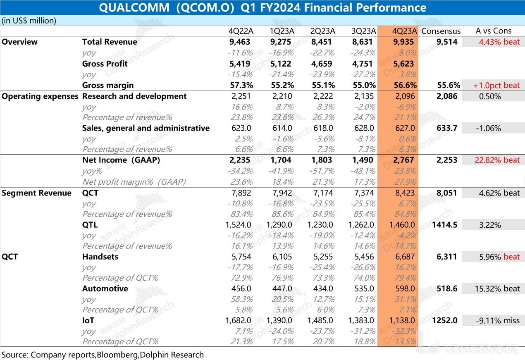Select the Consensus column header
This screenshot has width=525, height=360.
click(x=441, y=31)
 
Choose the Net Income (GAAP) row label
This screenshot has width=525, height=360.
click(x=121, y=160)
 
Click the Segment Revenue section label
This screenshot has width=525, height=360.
click(x=37, y=193)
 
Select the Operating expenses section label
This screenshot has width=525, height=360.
click(x=40, y=96)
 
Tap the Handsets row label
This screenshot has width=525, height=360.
click(x=100, y=257)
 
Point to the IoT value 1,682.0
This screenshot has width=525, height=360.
click(x=239, y=320)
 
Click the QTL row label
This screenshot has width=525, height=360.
click(x=90, y=225)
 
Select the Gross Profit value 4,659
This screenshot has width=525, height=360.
click(x=322, y=64)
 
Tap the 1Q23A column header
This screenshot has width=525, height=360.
click(x=282, y=31)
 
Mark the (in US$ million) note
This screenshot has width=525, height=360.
click(x=29, y=21)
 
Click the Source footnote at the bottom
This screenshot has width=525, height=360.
click(x=103, y=354)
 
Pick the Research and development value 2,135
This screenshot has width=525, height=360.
click(x=364, y=96)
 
